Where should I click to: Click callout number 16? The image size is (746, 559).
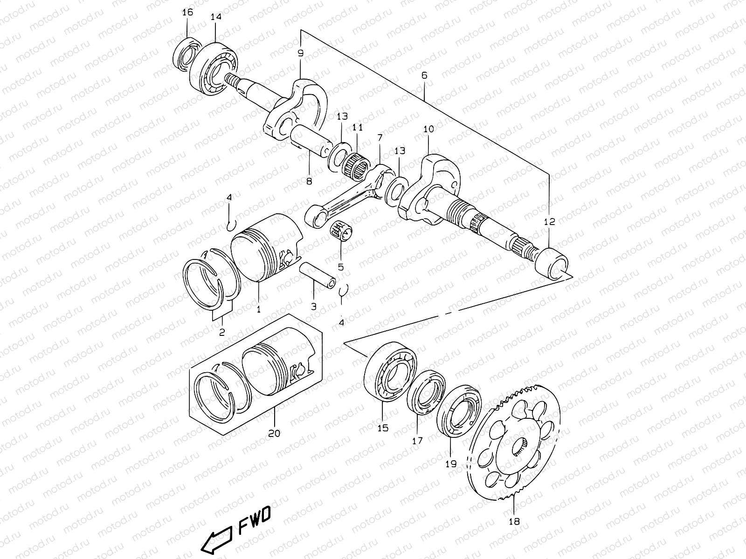187,13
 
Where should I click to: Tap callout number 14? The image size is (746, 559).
216,17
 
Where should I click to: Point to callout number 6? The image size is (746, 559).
424,75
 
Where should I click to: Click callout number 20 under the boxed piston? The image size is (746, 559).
274,433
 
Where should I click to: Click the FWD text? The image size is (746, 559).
254,515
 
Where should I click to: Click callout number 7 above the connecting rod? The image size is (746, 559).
379,138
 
